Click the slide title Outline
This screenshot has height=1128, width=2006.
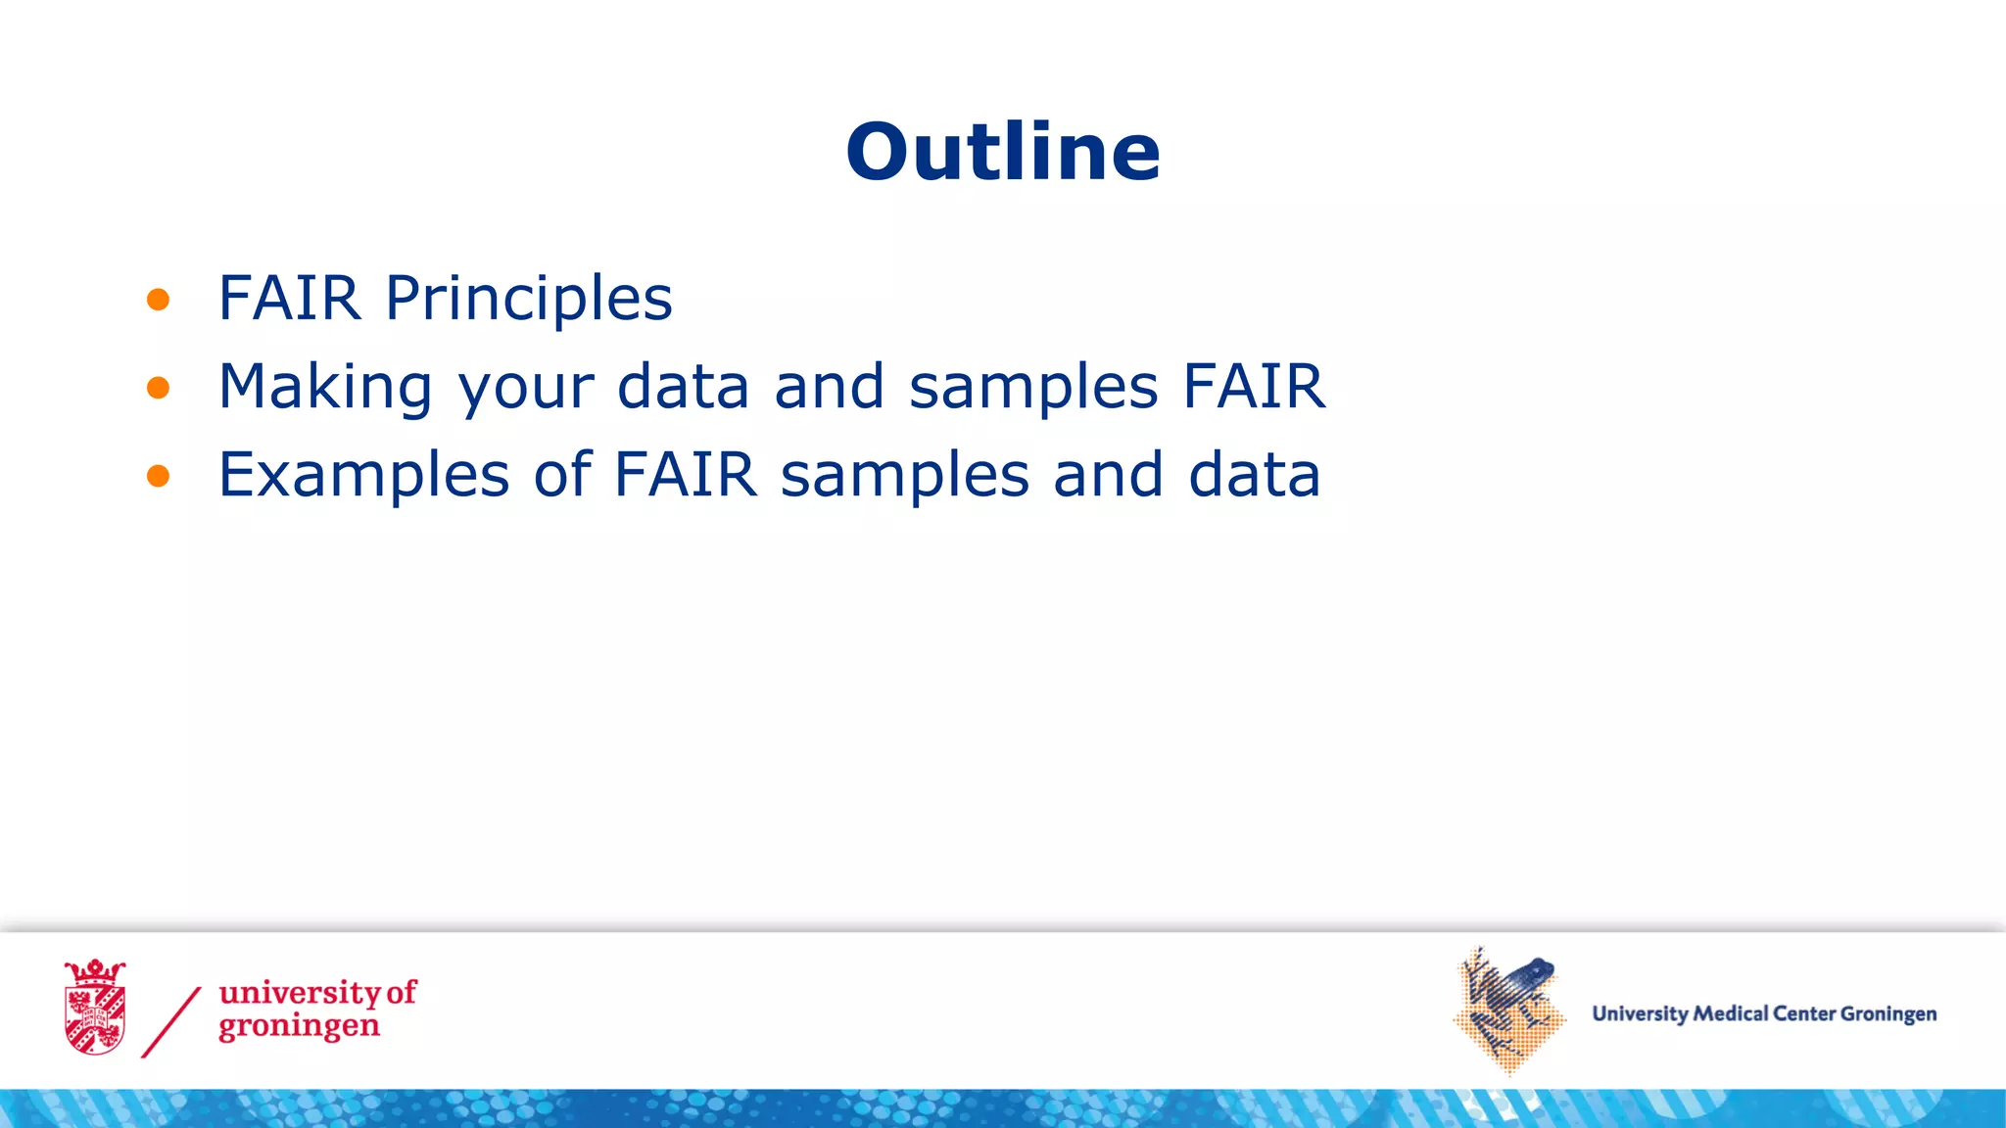(x=1003, y=153)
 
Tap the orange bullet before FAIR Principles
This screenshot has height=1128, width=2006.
(x=158, y=300)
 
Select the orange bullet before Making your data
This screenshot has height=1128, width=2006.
(x=158, y=388)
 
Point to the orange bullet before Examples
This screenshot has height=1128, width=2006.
(x=158, y=477)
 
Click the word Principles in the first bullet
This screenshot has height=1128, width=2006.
(x=529, y=299)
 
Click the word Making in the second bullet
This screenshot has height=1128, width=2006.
(x=324, y=388)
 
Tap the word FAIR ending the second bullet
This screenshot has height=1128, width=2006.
(x=1254, y=386)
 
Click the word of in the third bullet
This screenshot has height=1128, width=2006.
(x=563, y=475)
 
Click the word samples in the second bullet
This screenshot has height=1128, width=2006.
(x=1033, y=388)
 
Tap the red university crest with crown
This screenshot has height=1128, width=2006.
(x=95, y=1008)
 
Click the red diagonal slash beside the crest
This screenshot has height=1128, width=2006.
(x=171, y=1021)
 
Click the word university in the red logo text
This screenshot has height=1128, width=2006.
(x=299, y=993)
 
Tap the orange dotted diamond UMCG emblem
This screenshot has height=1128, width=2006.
(x=1508, y=1011)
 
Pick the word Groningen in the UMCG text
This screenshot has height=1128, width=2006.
(x=1887, y=1014)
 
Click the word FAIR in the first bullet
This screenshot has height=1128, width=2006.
(x=289, y=299)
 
